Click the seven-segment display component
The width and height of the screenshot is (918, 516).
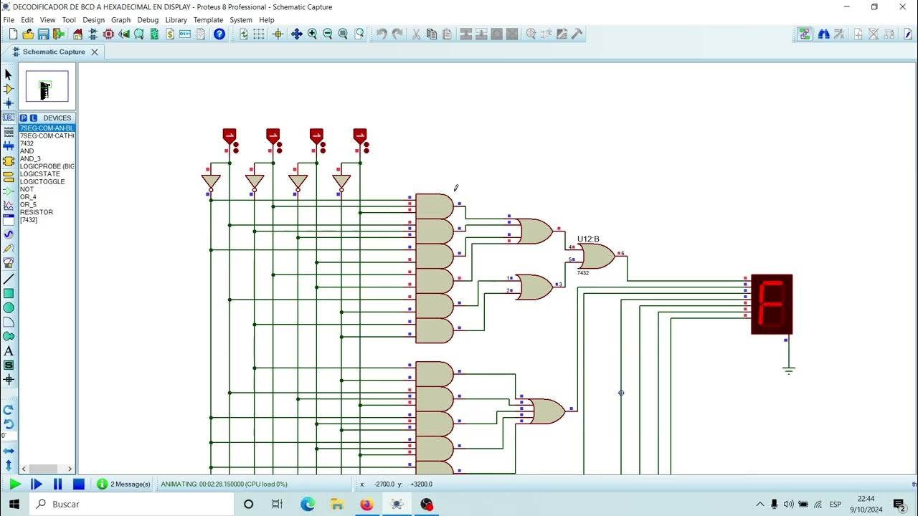[x=772, y=304]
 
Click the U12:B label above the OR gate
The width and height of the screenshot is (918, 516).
[x=588, y=239]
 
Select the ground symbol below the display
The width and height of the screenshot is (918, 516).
[x=788, y=371]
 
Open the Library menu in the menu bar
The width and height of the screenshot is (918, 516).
[x=176, y=20]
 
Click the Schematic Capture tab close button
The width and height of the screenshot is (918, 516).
[x=95, y=52]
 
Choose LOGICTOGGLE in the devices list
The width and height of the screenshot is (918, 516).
[x=42, y=182]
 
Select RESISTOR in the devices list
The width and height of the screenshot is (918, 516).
[x=37, y=212]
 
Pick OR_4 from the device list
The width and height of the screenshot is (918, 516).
[x=28, y=197]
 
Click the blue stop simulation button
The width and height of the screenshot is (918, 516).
[x=79, y=484]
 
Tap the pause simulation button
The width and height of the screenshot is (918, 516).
[x=58, y=484]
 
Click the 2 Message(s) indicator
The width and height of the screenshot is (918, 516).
[x=124, y=484]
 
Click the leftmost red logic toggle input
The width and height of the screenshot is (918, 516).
[x=229, y=135]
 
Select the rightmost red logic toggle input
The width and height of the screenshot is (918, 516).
[x=360, y=135]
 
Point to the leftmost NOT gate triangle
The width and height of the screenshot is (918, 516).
[x=211, y=181]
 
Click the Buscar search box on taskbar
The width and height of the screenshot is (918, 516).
[x=133, y=504]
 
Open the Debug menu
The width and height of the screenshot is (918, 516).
[x=148, y=20]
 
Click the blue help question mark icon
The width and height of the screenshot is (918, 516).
[x=219, y=34]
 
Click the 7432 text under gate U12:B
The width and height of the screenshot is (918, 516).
[x=583, y=273]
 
